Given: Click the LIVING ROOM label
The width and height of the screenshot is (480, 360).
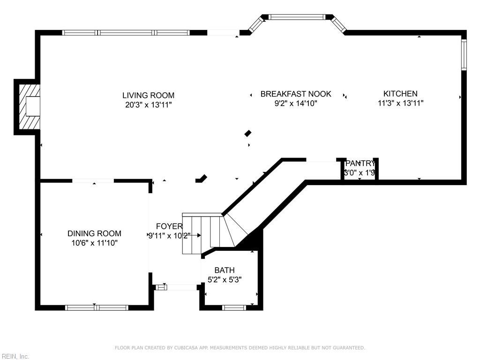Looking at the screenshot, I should click(x=148, y=95).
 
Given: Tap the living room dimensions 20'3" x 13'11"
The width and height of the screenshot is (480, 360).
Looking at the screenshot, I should click(x=148, y=105).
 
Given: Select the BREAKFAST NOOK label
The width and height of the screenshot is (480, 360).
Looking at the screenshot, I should click(x=296, y=94).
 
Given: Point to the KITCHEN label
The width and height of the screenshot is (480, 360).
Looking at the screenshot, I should click(x=400, y=94).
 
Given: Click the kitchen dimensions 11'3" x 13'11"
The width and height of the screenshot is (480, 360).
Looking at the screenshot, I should click(x=400, y=103).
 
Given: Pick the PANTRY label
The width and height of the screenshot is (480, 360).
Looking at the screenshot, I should click(x=360, y=164).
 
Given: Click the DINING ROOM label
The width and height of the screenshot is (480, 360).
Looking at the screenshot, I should click(x=94, y=233).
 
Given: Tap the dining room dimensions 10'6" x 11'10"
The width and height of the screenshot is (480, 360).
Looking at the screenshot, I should click(x=94, y=243).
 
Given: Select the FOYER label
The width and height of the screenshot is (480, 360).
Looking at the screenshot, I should click(x=169, y=226).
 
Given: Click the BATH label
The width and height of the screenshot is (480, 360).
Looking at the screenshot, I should click(x=225, y=270).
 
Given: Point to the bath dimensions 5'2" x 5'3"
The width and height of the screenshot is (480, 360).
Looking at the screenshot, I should click(x=225, y=280).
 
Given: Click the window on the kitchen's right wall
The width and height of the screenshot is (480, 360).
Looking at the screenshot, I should click(x=464, y=54).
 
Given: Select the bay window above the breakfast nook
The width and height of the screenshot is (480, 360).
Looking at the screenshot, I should click(x=296, y=17).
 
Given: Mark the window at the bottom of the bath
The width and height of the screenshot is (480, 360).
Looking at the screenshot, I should click(x=234, y=307).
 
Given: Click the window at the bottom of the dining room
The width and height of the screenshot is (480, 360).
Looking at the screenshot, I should click(x=96, y=307).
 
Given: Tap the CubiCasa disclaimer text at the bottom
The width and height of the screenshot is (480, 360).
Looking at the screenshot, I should click(x=240, y=348).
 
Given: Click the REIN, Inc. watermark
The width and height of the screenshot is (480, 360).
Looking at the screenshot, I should click(x=15, y=356).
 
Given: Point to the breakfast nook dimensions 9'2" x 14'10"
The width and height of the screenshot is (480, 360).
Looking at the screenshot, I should click(x=296, y=104).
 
